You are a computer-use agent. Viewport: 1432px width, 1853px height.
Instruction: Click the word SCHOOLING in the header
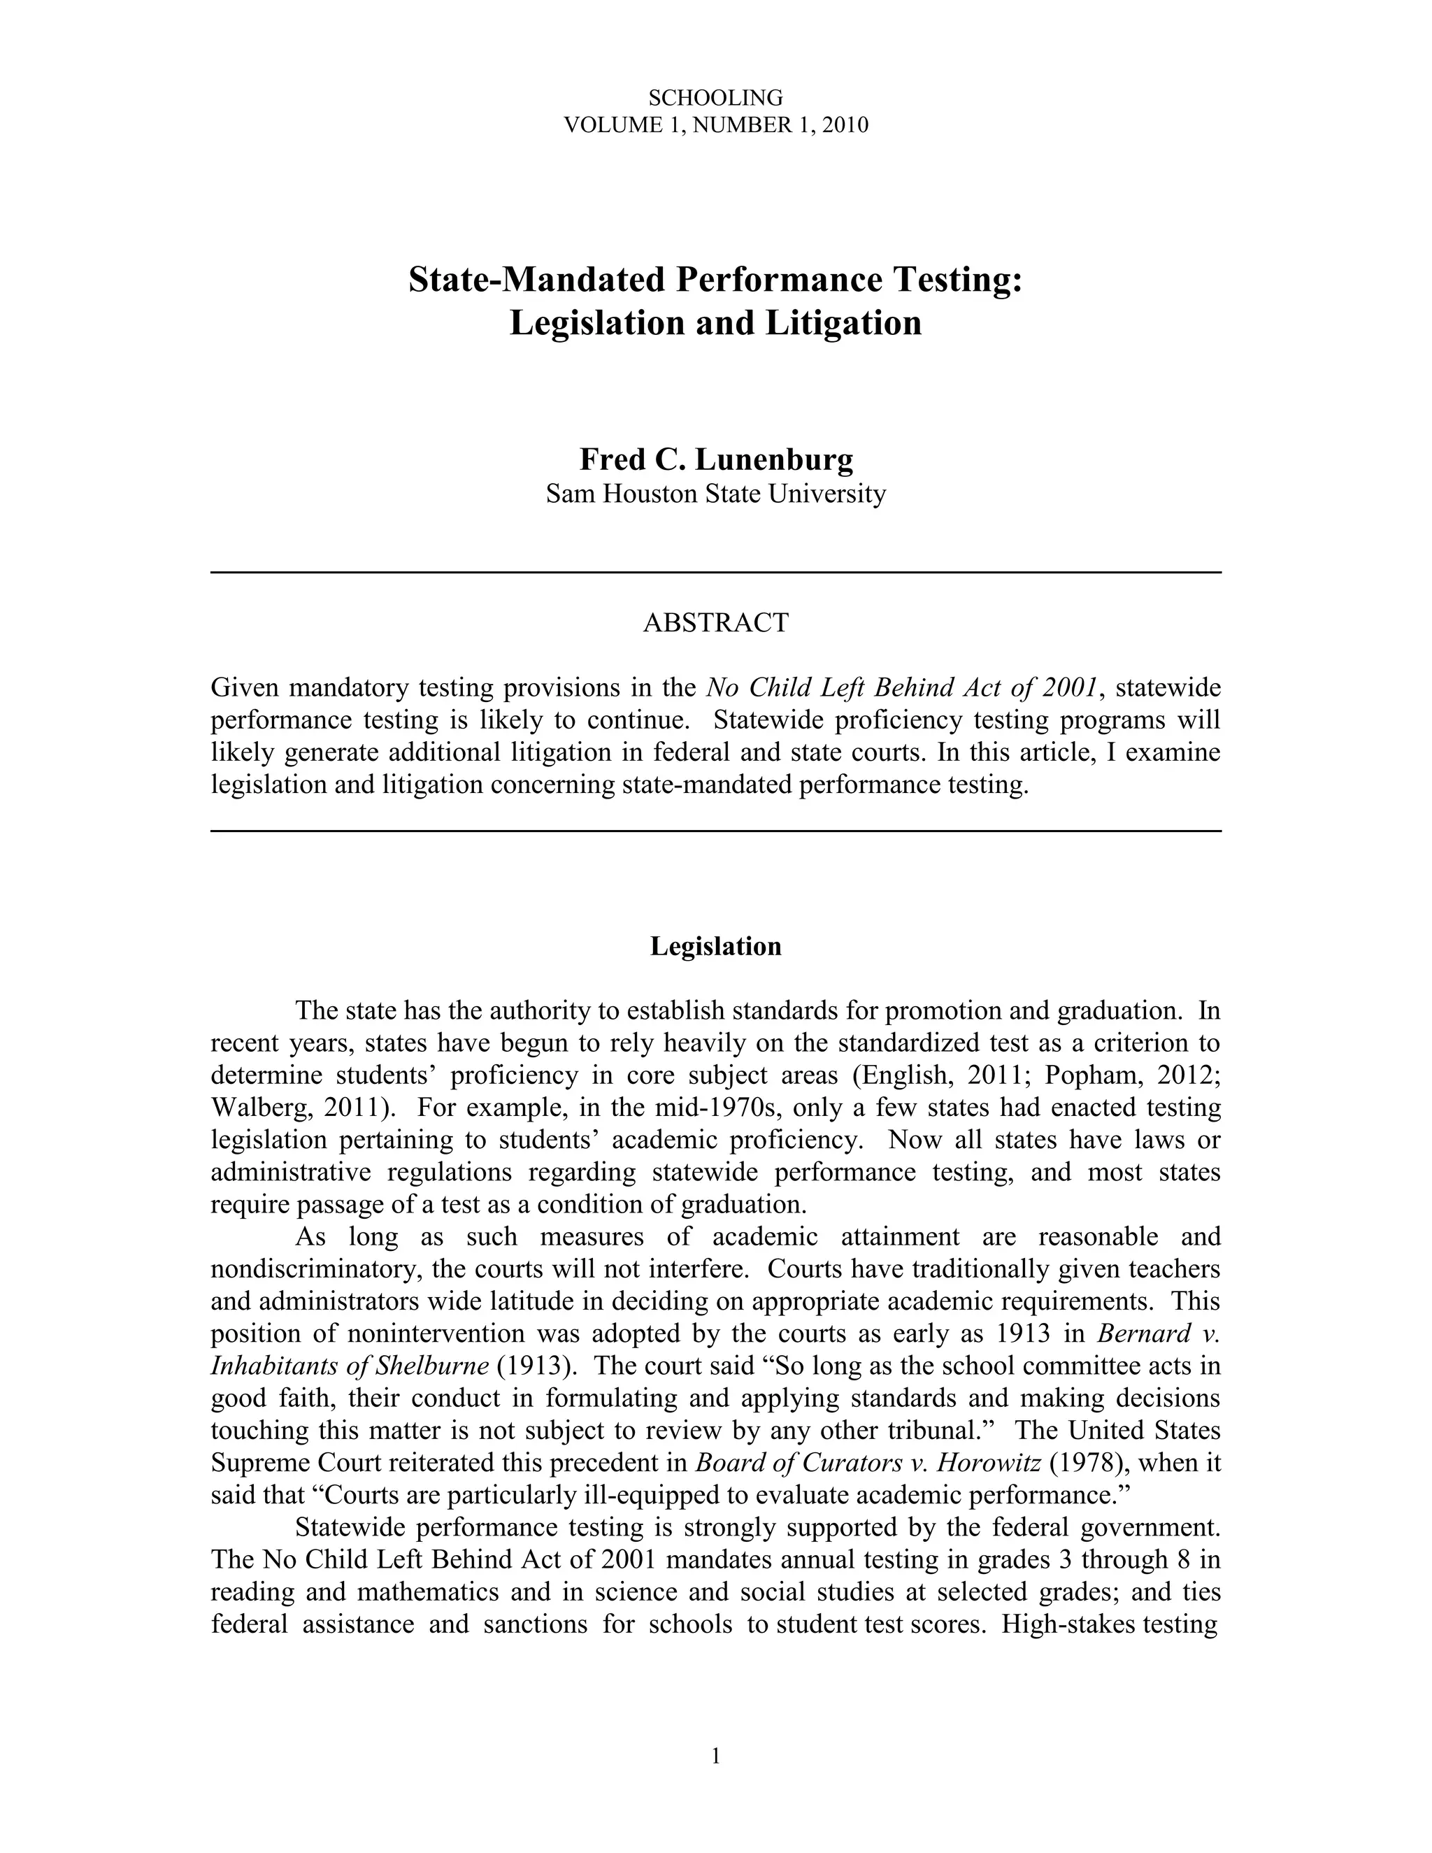pyautogui.click(x=715, y=99)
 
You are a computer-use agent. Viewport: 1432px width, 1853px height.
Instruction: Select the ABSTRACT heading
pyautogui.click(x=715, y=623)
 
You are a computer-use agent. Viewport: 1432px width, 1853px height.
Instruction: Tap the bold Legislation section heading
pyautogui.click(x=715, y=946)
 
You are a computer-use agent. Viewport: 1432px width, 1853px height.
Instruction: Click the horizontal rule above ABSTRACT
pyautogui.click(x=715, y=573)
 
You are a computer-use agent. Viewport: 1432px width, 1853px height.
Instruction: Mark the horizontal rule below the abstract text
pyautogui.click(x=715, y=831)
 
